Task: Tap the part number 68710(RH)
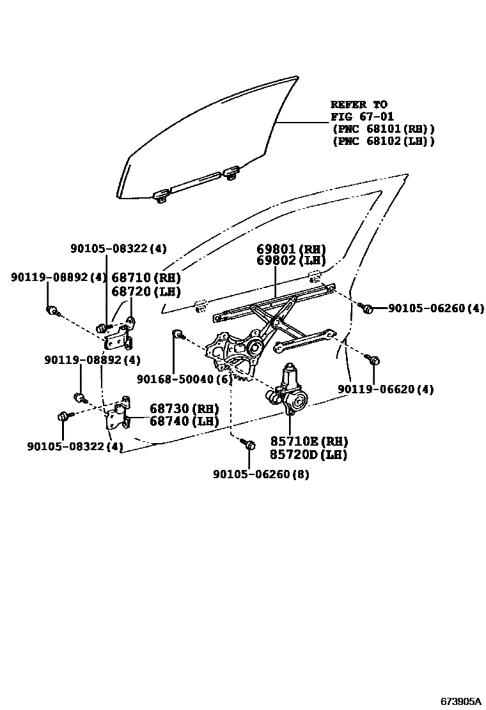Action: coord(146,278)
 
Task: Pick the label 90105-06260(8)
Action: coord(261,475)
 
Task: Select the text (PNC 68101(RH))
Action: coord(383,129)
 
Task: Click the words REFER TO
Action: coord(359,104)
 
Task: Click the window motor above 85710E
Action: coord(289,389)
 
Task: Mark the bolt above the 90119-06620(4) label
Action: coord(375,361)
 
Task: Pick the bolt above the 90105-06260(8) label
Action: coord(250,444)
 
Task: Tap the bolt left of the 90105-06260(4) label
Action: coord(367,308)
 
